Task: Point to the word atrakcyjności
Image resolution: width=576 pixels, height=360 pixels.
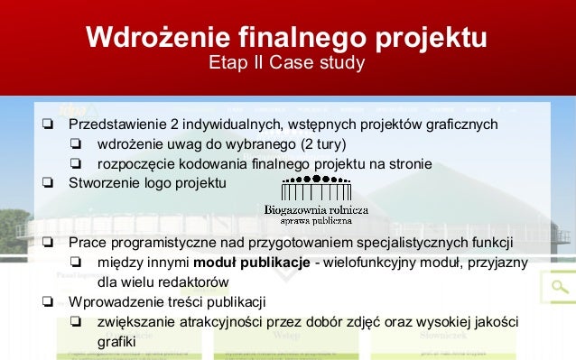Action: pos(219,322)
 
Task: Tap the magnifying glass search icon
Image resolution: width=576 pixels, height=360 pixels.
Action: pos(560,289)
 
